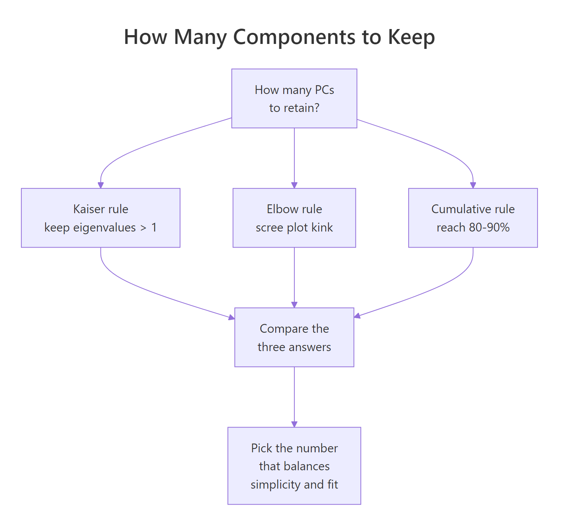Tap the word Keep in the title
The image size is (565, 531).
pos(411,37)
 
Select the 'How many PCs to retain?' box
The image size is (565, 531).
pos(294,99)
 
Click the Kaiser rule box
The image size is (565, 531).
pos(101,218)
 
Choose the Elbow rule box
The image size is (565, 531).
pos(294,218)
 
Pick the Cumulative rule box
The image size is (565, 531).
pos(473,218)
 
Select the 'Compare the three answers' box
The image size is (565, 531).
pos(294,337)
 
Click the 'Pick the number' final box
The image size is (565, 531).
pos(294,466)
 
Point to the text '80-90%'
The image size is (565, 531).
pos(489,228)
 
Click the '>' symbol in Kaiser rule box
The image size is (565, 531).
pos(143,228)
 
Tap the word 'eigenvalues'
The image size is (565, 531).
pos(104,228)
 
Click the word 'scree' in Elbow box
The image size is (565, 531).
pos(269,228)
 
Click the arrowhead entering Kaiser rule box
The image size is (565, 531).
pos(101,185)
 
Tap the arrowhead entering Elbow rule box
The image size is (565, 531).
pos(294,185)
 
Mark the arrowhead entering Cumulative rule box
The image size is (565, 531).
pos(473,185)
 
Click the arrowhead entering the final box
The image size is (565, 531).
pos(294,424)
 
